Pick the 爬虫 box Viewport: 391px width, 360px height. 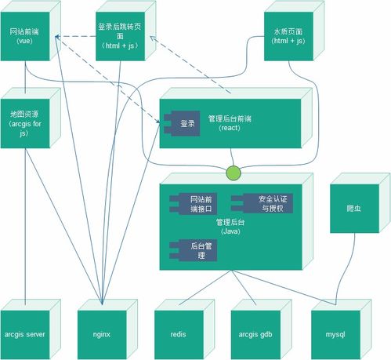point(353,209)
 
